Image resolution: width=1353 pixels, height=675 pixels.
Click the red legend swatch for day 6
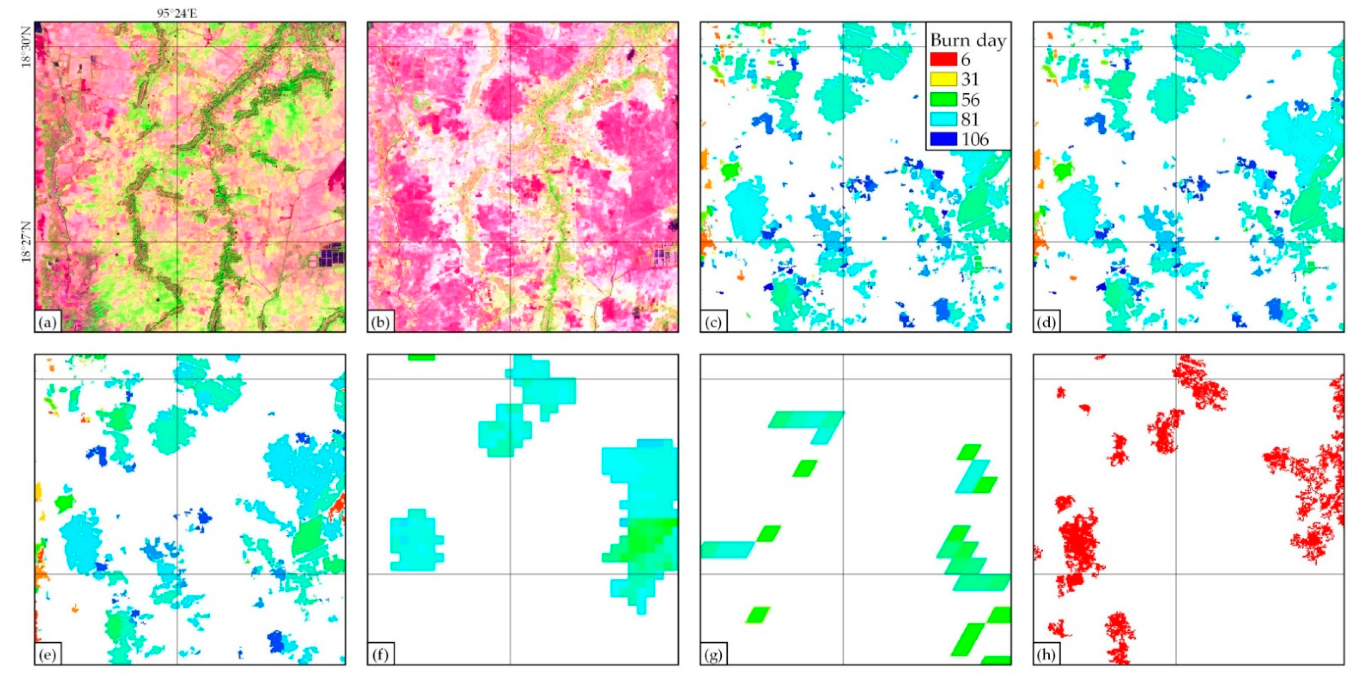point(943,59)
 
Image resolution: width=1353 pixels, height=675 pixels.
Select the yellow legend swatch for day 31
point(943,79)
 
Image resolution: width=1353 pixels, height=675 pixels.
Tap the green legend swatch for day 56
point(943,99)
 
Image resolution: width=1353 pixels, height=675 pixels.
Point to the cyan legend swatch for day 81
point(943,119)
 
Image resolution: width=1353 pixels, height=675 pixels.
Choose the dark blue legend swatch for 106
point(943,139)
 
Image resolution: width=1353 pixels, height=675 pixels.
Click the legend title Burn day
point(968,41)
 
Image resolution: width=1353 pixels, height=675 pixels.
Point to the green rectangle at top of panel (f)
point(421,358)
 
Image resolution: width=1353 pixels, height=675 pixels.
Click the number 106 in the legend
point(975,140)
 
